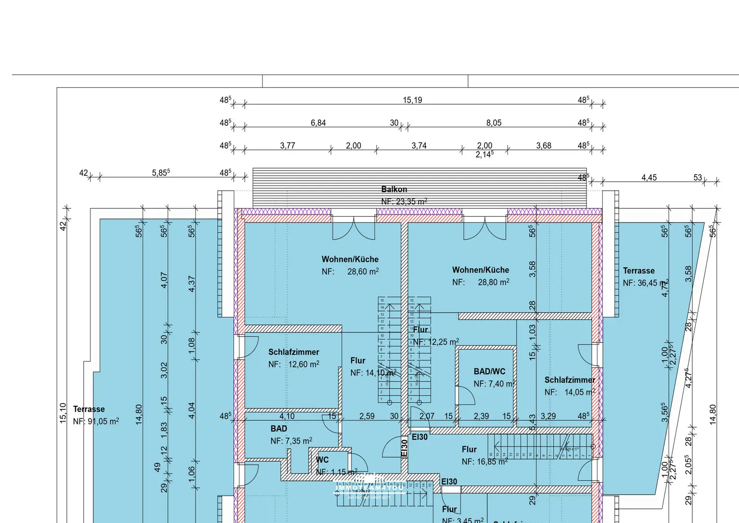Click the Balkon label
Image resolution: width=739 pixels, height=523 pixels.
394,189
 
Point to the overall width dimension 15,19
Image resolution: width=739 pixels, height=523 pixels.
412,100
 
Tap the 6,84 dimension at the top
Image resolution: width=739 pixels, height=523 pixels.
318,123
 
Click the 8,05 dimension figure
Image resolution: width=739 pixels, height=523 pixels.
494,123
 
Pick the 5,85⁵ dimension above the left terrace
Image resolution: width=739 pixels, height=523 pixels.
161,172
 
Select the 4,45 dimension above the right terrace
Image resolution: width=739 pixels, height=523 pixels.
649,178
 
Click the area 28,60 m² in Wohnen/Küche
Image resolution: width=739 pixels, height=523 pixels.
363,272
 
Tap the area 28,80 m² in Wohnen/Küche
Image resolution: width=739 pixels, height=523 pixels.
493,282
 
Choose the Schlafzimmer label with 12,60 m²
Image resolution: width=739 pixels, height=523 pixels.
293,352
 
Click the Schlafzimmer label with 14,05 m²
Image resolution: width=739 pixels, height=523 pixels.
570,380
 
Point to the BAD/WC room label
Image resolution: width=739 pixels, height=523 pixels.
489,371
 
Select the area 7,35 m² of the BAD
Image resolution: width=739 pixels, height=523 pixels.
297,441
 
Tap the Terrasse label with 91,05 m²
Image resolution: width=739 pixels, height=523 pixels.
89,409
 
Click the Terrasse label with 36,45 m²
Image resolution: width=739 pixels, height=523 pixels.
638,271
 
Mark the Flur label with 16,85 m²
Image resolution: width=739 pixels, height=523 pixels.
469,449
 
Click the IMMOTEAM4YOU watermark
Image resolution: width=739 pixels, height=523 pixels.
369,487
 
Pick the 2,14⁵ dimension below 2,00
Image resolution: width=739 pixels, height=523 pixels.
484,155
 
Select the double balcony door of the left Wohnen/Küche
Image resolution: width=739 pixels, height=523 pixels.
354,228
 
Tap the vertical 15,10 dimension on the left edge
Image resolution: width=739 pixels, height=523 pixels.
63,413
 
